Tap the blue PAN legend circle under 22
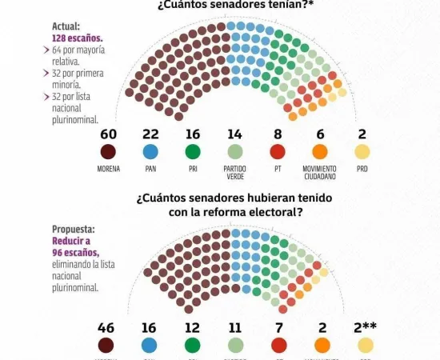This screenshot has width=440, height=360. [150, 152]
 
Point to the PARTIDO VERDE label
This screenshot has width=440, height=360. [234, 172]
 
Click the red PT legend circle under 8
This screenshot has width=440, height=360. [277, 152]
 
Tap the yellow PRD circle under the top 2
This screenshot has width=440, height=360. [362, 152]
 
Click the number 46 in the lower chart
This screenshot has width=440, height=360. [106, 327]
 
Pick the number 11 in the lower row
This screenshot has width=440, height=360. [234, 327]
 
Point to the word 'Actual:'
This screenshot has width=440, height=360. [66, 26]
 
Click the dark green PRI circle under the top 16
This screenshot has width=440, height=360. [192, 152]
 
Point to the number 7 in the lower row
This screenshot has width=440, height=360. [277, 327]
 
